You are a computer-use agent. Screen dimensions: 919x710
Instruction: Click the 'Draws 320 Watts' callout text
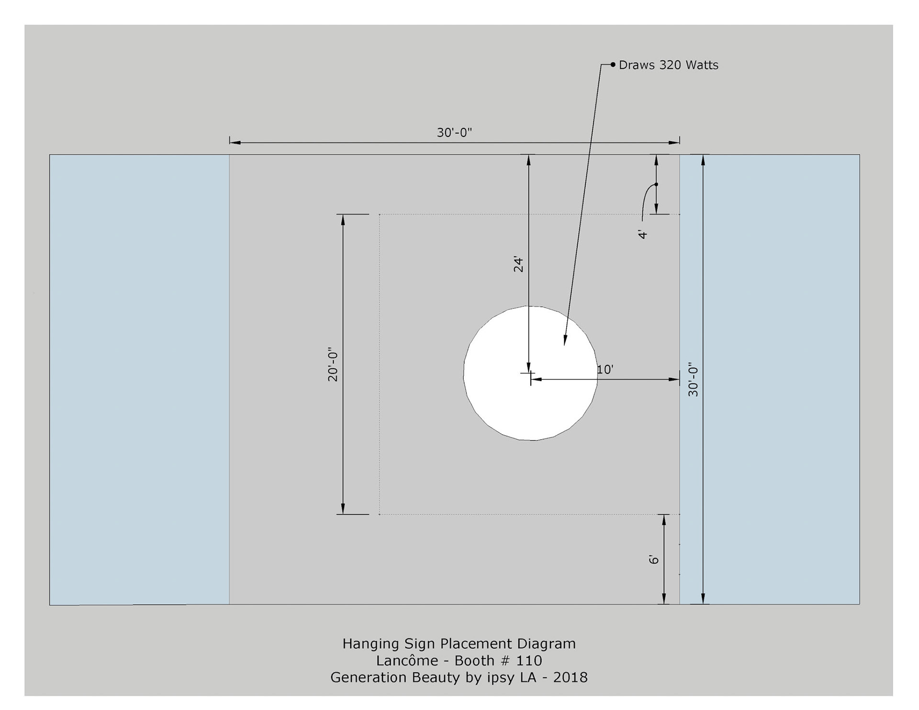tap(668, 65)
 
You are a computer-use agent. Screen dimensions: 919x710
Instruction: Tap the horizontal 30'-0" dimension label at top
tap(454, 133)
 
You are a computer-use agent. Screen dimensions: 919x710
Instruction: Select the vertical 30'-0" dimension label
tap(693, 382)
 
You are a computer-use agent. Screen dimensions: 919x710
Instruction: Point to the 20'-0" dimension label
tap(333, 364)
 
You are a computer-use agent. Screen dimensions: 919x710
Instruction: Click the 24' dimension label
tap(518, 265)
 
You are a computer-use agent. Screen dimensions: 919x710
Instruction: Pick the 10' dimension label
tap(605, 370)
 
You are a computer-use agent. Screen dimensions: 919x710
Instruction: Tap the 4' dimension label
tap(643, 234)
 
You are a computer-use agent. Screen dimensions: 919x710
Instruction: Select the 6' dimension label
tap(654, 559)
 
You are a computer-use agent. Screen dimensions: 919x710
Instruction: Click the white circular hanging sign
tap(530, 373)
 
